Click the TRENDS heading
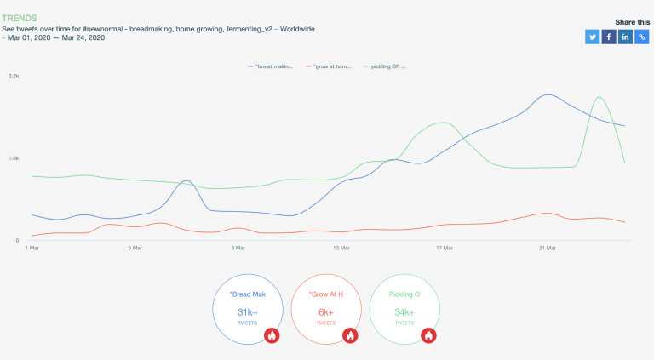(20, 17)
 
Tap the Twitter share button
(593, 37)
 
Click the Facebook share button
(609, 37)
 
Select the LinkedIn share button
(625, 37)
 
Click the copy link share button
(641, 37)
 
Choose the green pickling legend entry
(385, 66)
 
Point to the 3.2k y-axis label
(14, 76)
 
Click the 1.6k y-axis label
(14, 158)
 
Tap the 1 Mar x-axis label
(33, 249)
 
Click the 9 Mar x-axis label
(238, 249)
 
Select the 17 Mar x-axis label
(445, 249)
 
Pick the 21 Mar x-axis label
(548, 249)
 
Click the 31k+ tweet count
(247, 312)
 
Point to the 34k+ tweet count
(404, 312)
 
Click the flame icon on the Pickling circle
(429, 335)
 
